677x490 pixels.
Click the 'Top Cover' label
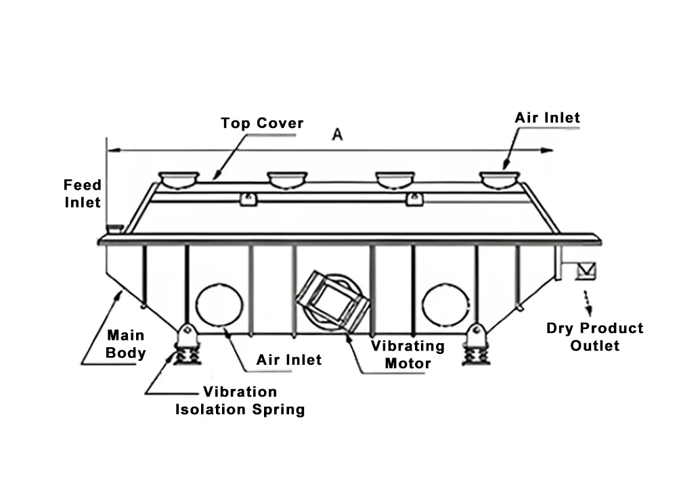(x=262, y=123)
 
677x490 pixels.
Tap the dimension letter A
(x=337, y=135)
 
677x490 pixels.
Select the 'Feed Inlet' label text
(x=83, y=194)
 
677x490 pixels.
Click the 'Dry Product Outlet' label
(x=594, y=337)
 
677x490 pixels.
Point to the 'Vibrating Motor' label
(x=408, y=355)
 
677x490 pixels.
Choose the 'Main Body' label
(x=126, y=344)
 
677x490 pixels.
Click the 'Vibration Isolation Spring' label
(x=240, y=401)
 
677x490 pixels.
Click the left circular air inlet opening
(x=219, y=305)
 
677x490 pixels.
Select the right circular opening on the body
(x=445, y=305)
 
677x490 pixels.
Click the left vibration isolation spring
(x=187, y=353)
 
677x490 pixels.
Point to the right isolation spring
(x=476, y=354)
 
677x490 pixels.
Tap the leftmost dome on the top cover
(x=179, y=180)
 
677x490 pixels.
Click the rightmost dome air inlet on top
(x=500, y=180)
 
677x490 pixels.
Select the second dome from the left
(x=287, y=180)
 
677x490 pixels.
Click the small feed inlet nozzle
(x=115, y=228)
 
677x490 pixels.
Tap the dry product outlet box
(x=586, y=271)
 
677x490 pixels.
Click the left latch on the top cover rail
(x=248, y=199)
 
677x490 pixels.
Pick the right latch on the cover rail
(x=415, y=199)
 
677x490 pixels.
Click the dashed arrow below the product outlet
(x=588, y=303)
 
